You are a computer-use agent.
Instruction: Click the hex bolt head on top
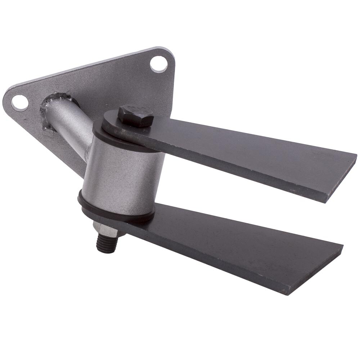pyautogui.click(x=135, y=116)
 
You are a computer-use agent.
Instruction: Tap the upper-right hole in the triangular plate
pyautogui.click(x=158, y=64)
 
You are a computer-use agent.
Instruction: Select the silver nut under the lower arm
pyautogui.click(x=104, y=228)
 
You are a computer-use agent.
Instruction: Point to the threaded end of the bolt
pyautogui.click(x=105, y=244)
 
